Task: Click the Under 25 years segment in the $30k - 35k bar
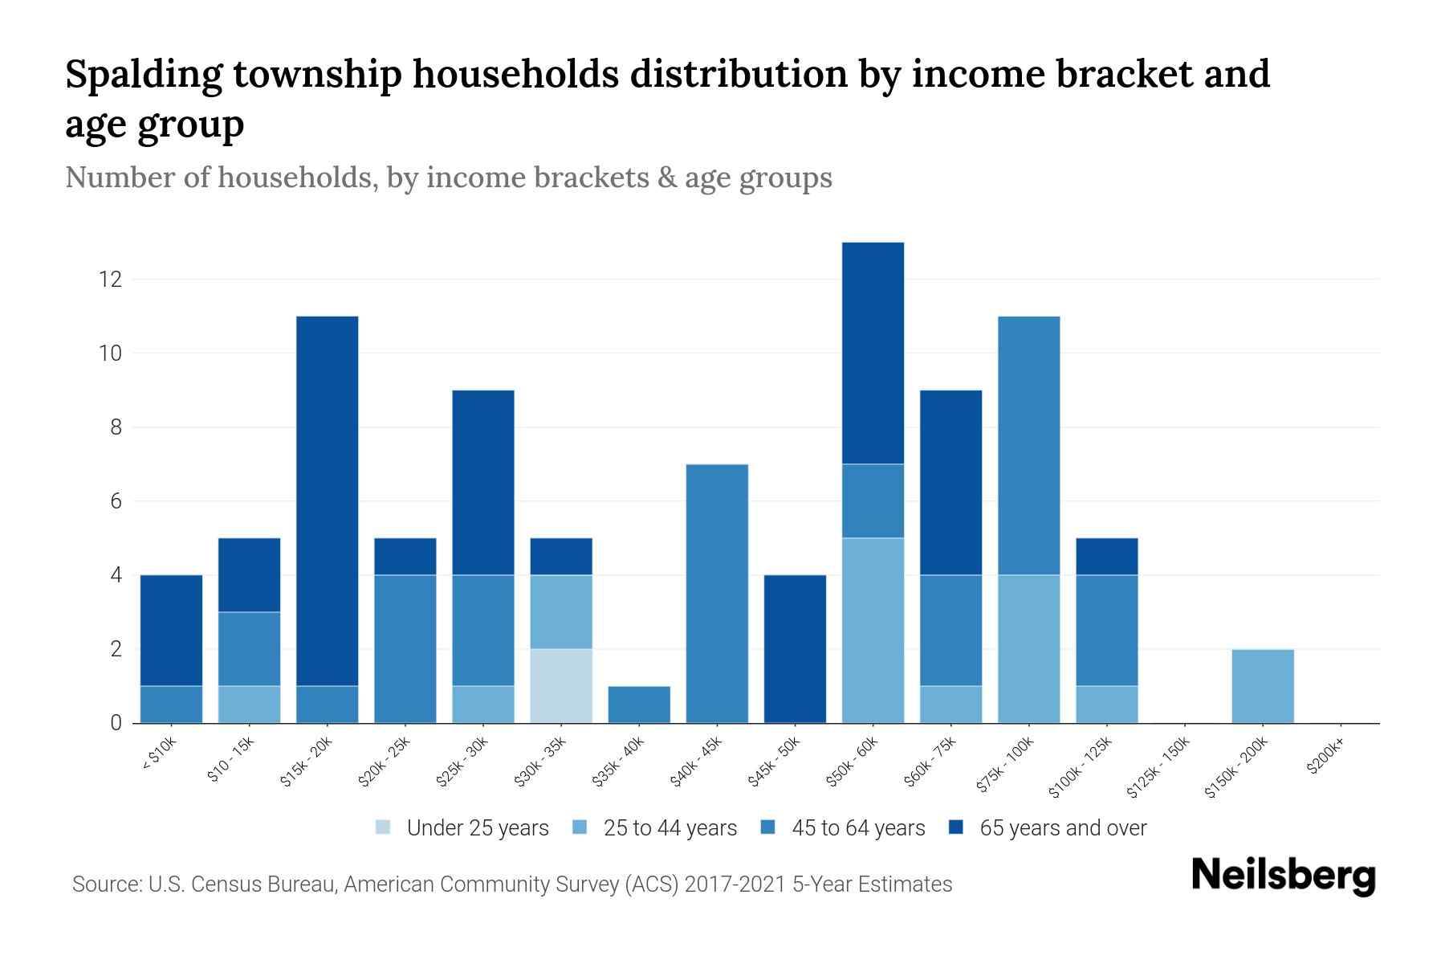(x=561, y=685)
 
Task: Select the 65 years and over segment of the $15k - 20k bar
(x=328, y=500)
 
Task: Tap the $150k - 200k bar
(x=1262, y=685)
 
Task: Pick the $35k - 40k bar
(x=639, y=705)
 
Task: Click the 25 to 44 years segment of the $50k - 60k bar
(x=873, y=630)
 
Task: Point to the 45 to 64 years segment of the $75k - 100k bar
(x=1028, y=445)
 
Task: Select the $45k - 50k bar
(x=795, y=648)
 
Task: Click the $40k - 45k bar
(x=717, y=593)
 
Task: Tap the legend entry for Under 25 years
(x=462, y=828)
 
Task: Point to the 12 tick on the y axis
(x=110, y=280)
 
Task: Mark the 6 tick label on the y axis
(x=116, y=501)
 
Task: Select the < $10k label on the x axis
(x=159, y=755)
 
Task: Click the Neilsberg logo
(x=1283, y=876)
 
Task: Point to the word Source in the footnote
(x=106, y=884)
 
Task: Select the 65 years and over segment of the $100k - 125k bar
(x=1106, y=556)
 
